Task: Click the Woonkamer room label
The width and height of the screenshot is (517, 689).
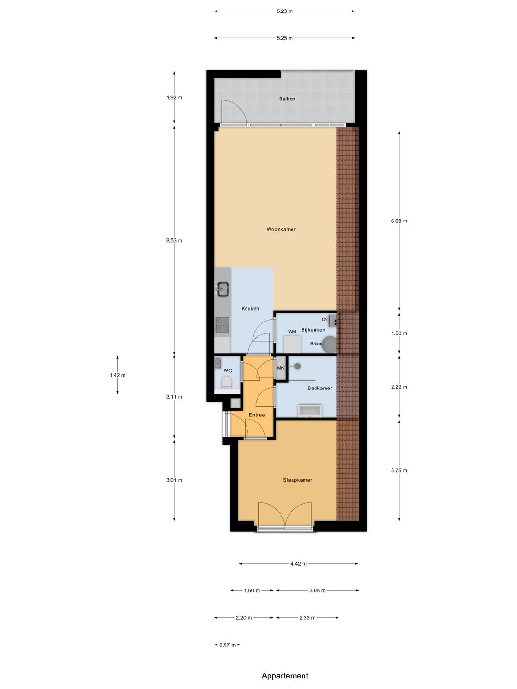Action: pos(281,229)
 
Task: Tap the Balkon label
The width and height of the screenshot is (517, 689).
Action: pos(287,99)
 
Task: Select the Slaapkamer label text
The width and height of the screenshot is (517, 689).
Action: pos(297,480)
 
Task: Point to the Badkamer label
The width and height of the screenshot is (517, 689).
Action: pos(320,388)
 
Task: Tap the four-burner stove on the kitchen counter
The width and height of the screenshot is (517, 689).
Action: pos(223,324)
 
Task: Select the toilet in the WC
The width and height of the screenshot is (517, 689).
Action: pos(226,383)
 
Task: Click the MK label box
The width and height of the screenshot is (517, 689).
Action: pos(281,368)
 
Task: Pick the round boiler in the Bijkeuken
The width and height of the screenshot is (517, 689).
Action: pos(329,344)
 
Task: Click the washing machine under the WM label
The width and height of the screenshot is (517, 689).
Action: pos(292,344)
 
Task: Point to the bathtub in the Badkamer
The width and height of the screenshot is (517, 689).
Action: pos(310,411)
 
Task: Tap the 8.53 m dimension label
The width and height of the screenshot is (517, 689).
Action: pos(174,241)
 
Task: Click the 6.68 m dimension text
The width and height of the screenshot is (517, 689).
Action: pos(399,221)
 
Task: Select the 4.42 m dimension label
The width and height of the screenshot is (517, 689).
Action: pos(298,564)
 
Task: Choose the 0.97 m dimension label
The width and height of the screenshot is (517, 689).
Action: pos(227,645)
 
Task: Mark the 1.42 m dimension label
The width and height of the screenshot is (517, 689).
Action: pos(117,375)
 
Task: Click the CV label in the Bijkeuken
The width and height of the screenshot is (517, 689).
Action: pos(325,319)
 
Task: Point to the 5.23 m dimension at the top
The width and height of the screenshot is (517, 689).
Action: pos(284,11)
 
